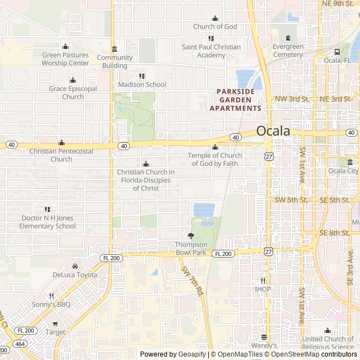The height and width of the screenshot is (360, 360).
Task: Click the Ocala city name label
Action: click(273, 131)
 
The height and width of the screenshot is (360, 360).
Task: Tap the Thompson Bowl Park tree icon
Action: click(191, 236)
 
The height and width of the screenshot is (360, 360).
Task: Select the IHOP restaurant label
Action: click(263, 289)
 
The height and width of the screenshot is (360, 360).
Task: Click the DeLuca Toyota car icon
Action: click(75, 265)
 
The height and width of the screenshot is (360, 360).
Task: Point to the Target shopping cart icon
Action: click(55, 324)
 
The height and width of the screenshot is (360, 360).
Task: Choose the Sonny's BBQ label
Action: click(67, 304)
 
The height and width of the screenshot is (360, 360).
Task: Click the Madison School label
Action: click(142, 84)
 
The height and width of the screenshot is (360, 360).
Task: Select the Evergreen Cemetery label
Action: click(287, 51)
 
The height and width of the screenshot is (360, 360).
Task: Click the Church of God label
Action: click(215, 26)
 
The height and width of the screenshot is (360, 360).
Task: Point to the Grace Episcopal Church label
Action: click(73, 93)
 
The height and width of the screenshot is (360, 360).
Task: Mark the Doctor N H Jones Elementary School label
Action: click(47, 222)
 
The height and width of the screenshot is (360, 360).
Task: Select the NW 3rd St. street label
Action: click(292, 99)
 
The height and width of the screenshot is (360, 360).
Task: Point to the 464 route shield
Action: click(20, 343)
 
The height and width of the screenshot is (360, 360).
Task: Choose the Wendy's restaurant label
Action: click(264, 345)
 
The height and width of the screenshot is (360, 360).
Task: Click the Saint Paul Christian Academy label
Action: click(211, 51)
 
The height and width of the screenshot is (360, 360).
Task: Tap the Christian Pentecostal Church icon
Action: click(61, 143)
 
